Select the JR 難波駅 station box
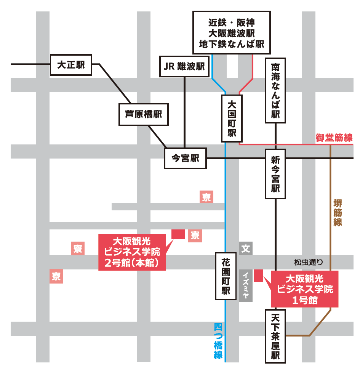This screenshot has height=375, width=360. (184, 67)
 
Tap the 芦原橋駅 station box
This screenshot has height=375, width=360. (143, 114)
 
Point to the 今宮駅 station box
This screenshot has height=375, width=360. (186, 158)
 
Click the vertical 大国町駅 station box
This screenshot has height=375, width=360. (232, 119)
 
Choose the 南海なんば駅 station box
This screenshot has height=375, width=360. (275, 90)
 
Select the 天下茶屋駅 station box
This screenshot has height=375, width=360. (275, 336)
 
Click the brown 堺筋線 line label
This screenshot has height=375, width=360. (338, 212)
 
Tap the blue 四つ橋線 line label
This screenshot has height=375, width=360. (218, 341)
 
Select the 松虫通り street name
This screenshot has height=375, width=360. (309, 262)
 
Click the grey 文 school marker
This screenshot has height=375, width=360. (246, 248)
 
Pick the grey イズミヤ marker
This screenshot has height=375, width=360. (246, 285)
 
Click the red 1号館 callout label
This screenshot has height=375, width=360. (304, 289)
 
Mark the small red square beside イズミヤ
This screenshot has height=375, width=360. (259, 275)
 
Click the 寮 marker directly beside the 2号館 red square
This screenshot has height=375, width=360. (195, 236)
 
